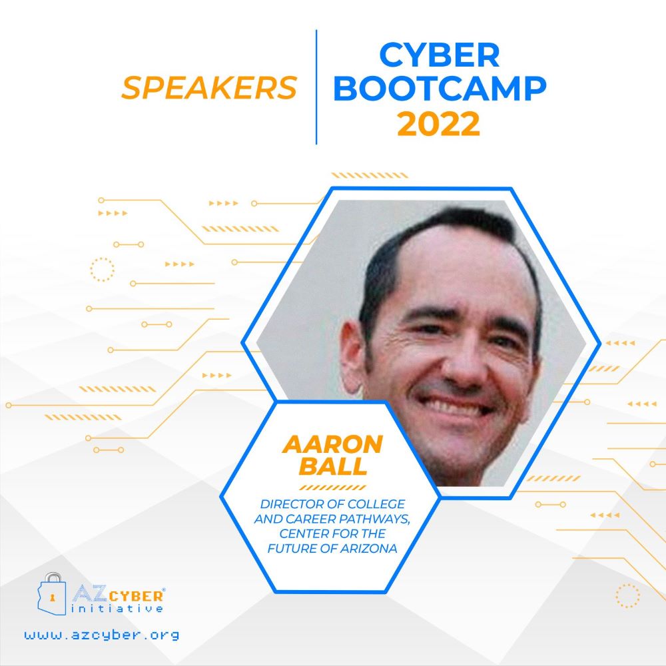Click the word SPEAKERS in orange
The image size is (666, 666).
209,88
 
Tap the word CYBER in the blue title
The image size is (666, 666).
439,55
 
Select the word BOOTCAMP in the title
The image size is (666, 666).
440,89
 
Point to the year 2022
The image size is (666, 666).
438,124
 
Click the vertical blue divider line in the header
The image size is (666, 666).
316,87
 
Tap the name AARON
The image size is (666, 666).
332,444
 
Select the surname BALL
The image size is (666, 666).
332,466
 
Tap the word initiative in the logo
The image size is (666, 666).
117,609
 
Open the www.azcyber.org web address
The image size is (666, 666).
102,635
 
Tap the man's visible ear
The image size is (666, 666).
352,357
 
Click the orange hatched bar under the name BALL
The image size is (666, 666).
332,488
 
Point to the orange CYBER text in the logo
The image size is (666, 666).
136,596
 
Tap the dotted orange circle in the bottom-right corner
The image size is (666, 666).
627,595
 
